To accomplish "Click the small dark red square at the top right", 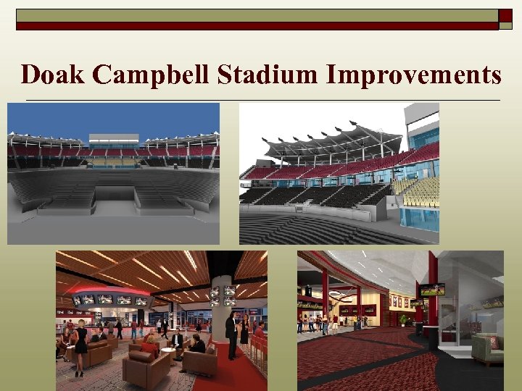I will (505, 15).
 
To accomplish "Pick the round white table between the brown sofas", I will (167, 352).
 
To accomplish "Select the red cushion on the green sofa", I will (493, 342).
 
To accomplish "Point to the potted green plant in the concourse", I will (403, 319).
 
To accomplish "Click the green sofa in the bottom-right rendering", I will (487, 349).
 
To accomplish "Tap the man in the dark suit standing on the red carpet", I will (231, 334).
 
